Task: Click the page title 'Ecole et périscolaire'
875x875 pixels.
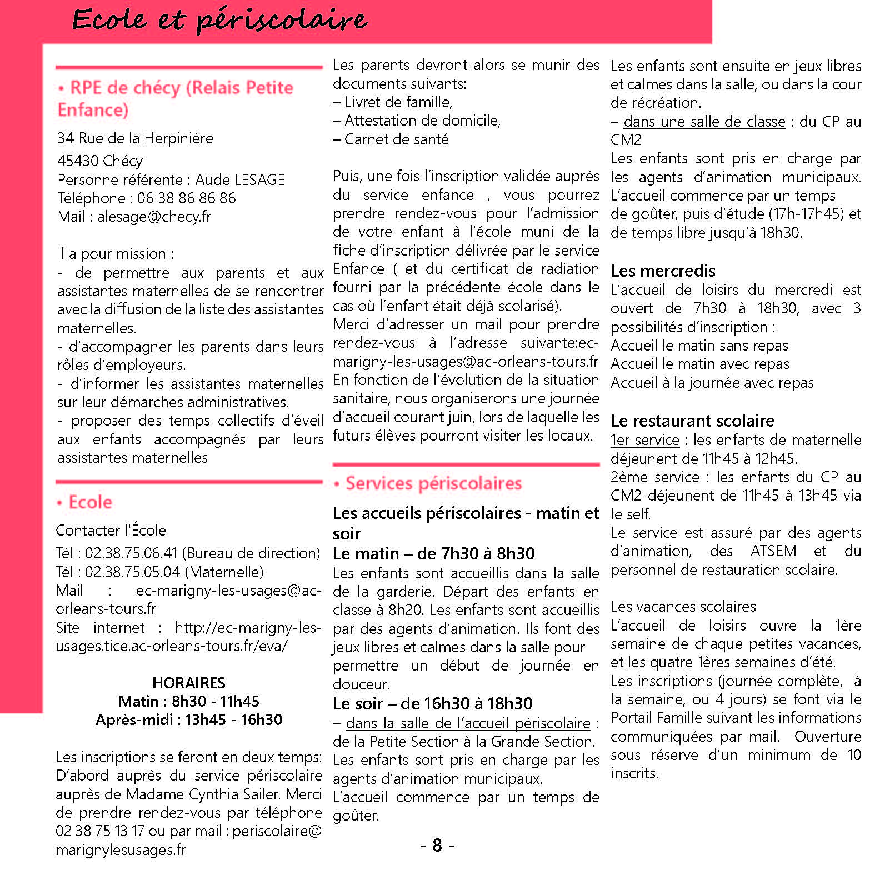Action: pyautogui.click(x=219, y=20)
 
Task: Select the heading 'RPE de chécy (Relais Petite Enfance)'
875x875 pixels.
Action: pyautogui.click(x=176, y=98)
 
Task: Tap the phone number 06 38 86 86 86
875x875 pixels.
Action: pyautogui.click(x=186, y=198)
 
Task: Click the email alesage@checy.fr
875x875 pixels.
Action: pyautogui.click(x=154, y=217)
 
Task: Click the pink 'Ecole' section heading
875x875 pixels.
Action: pyautogui.click(x=90, y=502)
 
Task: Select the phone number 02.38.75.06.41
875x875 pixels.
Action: pyautogui.click(x=131, y=553)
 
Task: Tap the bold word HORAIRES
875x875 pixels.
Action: pyautogui.click(x=189, y=683)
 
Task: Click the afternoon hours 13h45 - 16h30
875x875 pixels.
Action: pyautogui.click(x=233, y=720)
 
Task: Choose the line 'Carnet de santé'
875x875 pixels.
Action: pyautogui.click(x=396, y=139)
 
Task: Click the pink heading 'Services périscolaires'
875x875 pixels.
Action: pyautogui.click(x=433, y=483)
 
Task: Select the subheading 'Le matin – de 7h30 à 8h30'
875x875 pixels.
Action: pyautogui.click(x=434, y=554)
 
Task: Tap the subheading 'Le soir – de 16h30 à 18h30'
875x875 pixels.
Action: pyautogui.click(x=433, y=704)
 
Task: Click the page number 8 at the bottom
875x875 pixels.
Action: pyautogui.click(x=437, y=846)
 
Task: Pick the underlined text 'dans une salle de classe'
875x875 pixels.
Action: pyautogui.click(x=704, y=122)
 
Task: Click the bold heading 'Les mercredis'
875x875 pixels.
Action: pyautogui.click(x=663, y=271)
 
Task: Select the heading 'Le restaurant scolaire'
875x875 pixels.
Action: pyautogui.click(x=692, y=421)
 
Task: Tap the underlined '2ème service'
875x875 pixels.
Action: pyautogui.click(x=654, y=477)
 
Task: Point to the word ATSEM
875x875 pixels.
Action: pyautogui.click(x=773, y=551)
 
